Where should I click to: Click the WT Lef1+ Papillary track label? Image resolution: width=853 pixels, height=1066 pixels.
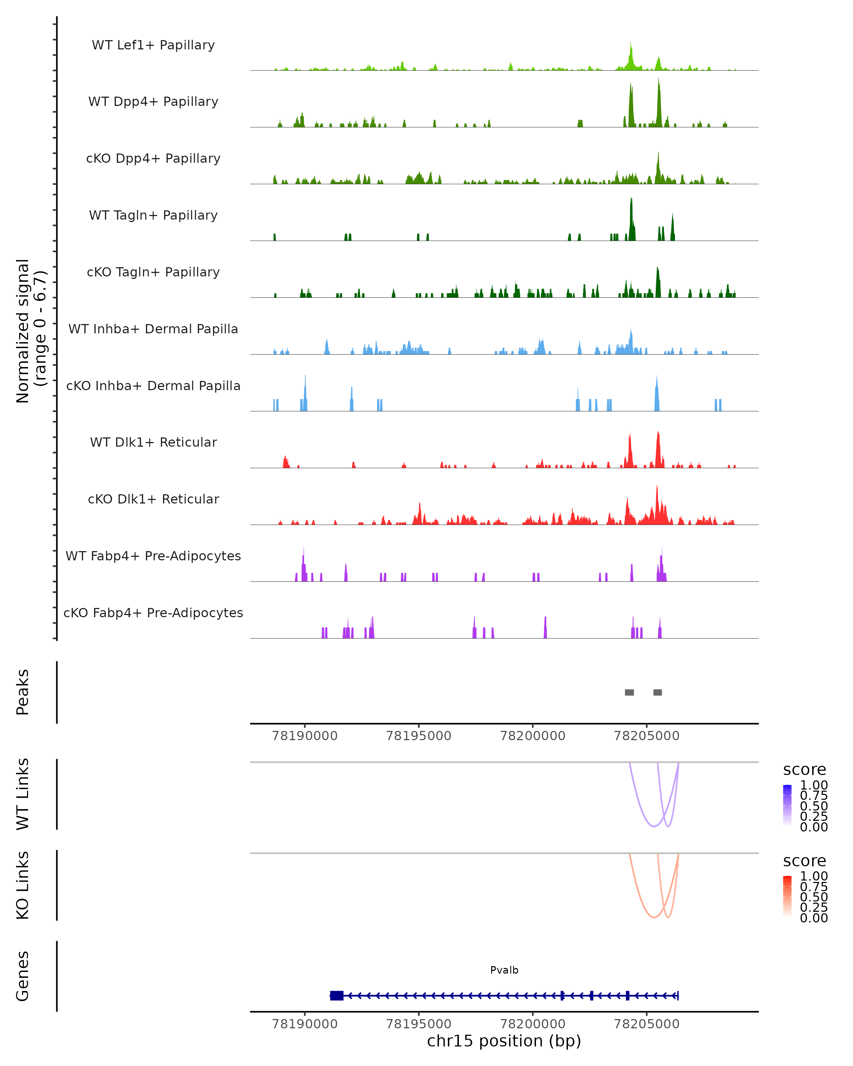[x=153, y=45]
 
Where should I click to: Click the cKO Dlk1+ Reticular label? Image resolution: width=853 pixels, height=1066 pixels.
[x=153, y=499]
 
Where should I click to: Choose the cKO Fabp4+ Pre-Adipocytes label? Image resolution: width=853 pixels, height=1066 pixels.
[x=153, y=613]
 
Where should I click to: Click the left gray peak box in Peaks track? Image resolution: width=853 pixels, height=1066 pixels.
[x=629, y=692]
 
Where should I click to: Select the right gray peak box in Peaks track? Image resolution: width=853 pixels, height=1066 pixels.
[x=657, y=692]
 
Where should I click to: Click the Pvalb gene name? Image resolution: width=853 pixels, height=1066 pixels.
[x=504, y=970]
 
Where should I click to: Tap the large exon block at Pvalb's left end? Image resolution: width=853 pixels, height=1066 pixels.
[x=337, y=996]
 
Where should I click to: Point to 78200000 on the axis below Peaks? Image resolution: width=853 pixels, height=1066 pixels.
[x=532, y=736]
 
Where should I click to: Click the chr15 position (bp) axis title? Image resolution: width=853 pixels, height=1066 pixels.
[x=504, y=1041]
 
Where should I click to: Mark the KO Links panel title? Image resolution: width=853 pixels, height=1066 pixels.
[x=23, y=885]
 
